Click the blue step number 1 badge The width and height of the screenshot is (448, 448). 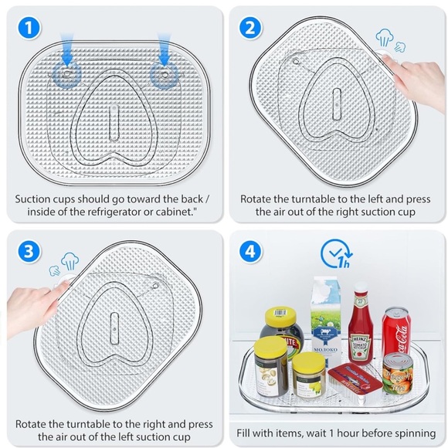pyautogui.click(x=29, y=28)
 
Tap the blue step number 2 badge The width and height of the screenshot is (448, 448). pyautogui.click(x=250, y=28)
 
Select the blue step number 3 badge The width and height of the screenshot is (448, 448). pyautogui.click(x=29, y=252)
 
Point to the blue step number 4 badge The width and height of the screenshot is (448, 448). pyautogui.click(x=250, y=252)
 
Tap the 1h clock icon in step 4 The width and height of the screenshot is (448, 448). pyautogui.click(x=337, y=253)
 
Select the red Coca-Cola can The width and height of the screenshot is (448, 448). pyautogui.click(x=396, y=331)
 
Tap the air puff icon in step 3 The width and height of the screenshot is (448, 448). pyautogui.click(x=64, y=264)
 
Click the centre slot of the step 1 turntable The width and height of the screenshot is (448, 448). pyautogui.click(x=114, y=123)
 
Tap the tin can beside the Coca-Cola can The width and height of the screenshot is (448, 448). pyautogui.click(x=398, y=374)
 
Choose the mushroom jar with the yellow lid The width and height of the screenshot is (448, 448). pyautogui.click(x=270, y=367)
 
